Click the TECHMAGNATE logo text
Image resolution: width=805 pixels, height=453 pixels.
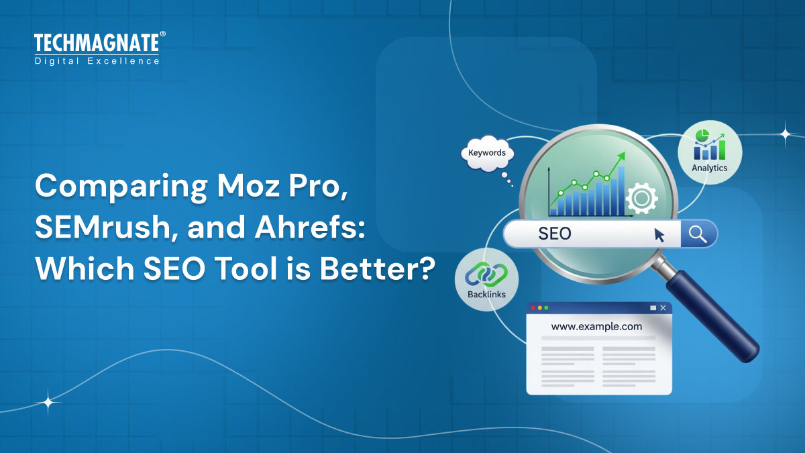point(97,43)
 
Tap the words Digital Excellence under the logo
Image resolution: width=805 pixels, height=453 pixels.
point(97,61)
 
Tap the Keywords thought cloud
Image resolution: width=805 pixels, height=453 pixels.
point(487,153)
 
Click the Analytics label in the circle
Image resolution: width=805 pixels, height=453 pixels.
point(710,168)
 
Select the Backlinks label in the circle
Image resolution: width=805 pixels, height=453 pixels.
point(486,294)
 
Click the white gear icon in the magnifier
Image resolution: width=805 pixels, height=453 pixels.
point(641,198)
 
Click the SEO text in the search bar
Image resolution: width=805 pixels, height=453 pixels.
point(555,234)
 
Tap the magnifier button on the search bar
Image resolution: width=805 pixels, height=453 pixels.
point(698,234)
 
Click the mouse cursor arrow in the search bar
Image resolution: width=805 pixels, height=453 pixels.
point(659,234)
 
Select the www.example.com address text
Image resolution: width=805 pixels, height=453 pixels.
point(596,327)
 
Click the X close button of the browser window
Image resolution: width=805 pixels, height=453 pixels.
point(663,307)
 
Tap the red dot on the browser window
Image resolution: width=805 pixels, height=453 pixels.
point(534,307)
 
